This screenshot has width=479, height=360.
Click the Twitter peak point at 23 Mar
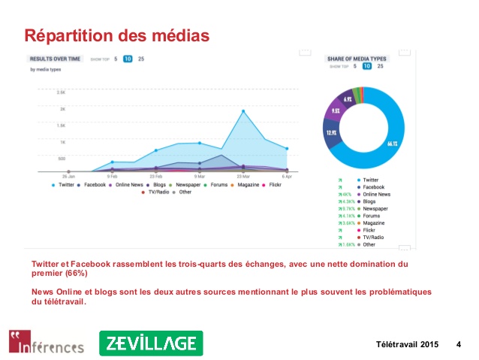pyautogui.click(x=243, y=110)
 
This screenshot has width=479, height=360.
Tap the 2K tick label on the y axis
pyautogui.click(x=62, y=108)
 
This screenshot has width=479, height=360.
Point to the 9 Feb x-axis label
pyautogui.click(x=112, y=177)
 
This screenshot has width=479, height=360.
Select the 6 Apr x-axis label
pyautogui.click(x=287, y=177)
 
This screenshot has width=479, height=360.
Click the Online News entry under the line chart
pyautogui.click(x=127, y=184)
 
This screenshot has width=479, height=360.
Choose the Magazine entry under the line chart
pyautogui.click(x=242, y=184)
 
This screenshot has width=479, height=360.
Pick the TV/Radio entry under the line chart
pyautogui.click(x=154, y=192)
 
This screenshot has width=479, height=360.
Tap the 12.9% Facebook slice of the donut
pyautogui.click(x=331, y=132)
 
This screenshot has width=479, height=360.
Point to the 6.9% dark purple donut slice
pyautogui.click(x=348, y=98)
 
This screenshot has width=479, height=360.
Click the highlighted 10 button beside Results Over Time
pyautogui.click(x=128, y=59)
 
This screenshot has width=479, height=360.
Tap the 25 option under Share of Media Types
pyautogui.click(x=380, y=66)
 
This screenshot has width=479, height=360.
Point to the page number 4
pyautogui.click(x=459, y=344)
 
